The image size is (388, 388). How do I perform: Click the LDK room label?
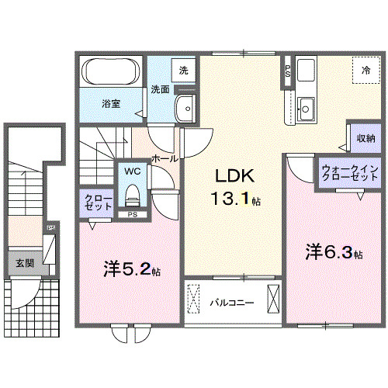click(232, 175)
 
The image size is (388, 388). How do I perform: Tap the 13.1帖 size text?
click(236, 199)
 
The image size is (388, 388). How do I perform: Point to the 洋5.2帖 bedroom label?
click(132, 270)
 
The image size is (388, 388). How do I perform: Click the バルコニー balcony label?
click(229, 303)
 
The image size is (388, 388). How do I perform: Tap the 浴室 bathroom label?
click(110, 103)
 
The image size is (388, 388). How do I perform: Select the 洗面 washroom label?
click(160, 88)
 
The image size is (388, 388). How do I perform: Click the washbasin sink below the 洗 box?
click(185, 108)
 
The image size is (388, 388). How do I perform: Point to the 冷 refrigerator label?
click(365, 70)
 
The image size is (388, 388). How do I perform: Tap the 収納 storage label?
click(366, 138)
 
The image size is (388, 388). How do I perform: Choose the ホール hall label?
click(165, 158)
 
